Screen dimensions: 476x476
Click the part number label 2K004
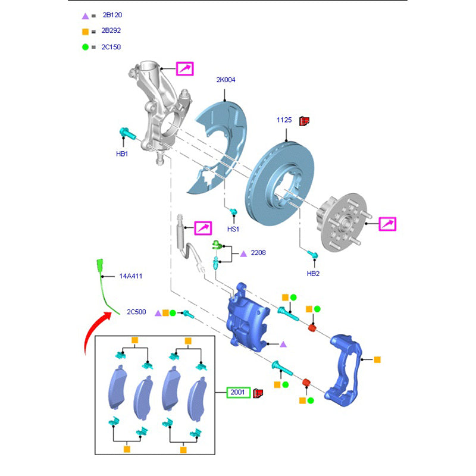click(x=225, y=80)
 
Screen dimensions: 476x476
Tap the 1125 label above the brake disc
click(x=284, y=120)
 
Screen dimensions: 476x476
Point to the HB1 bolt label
click(x=122, y=154)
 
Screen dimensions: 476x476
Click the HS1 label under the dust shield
click(x=233, y=229)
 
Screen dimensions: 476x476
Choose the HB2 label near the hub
click(x=314, y=274)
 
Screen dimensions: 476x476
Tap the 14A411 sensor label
click(x=130, y=276)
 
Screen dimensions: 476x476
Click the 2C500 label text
click(x=136, y=312)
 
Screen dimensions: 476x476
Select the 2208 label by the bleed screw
click(x=258, y=253)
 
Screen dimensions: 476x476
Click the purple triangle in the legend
click(x=85, y=15)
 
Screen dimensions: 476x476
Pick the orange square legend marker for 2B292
click(x=85, y=31)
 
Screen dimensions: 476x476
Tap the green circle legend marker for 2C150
click(x=85, y=47)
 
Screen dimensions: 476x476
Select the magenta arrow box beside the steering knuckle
click(x=184, y=69)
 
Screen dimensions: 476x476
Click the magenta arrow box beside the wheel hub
click(x=387, y=224)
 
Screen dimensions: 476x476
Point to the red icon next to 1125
click(x=305, y=120)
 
